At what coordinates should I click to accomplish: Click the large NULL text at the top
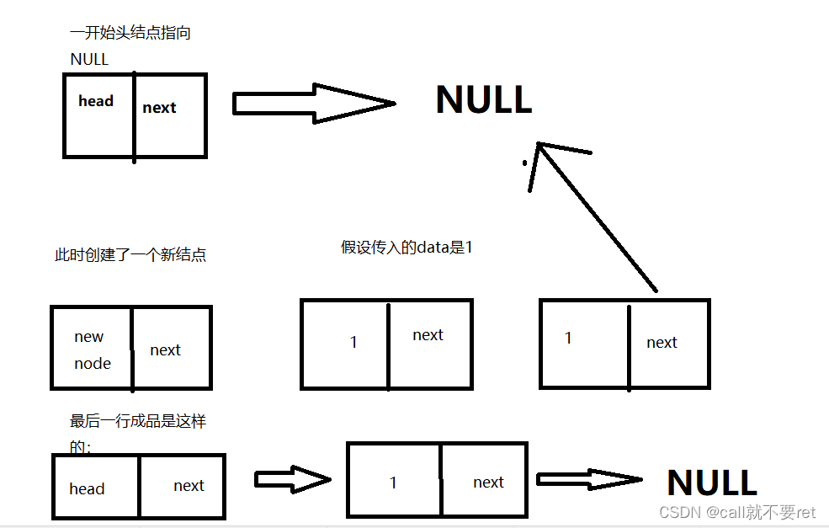483,100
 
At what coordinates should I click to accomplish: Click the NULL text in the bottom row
711,483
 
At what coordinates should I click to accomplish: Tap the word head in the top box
96,101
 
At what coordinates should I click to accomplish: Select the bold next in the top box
159,107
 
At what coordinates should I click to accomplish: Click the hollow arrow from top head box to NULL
312,104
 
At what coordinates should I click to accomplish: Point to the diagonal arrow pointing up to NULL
593,216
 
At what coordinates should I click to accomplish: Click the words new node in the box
92,349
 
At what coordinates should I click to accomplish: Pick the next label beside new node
165,349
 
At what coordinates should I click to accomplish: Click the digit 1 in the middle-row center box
353,342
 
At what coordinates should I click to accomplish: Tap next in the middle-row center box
428,334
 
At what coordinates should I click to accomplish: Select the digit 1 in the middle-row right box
568,338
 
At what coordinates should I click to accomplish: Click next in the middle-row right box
662,342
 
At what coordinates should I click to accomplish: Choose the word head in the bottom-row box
87,488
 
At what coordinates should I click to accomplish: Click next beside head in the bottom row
189,485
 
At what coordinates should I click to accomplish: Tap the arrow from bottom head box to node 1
293,479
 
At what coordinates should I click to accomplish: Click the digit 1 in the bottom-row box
392,483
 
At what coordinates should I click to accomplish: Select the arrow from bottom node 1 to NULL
588,479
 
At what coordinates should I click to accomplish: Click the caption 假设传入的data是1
407,248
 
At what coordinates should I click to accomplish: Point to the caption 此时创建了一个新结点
130,255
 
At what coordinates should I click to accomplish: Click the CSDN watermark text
737,512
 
